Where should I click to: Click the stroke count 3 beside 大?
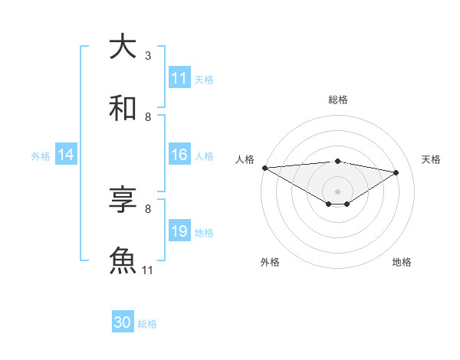coord(148,56)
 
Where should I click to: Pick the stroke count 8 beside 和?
coord(148,116)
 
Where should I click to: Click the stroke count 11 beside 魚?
coord(148,270)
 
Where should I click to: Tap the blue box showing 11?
coord(179,78)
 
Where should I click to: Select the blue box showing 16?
coord(179,155)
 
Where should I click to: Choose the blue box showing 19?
coord(179,231)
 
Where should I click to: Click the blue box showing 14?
coord(66,155)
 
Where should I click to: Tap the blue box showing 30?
coord(123,322)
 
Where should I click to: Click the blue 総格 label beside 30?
coord(147,324)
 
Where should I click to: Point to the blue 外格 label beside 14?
coord(41,156)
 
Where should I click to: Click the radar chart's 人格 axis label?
coord(245,159)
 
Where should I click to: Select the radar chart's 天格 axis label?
coord(432,159)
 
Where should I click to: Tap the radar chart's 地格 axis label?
coord(402,262)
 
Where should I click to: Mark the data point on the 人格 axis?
coord(264,168)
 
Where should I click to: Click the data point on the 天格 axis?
coord(396,172)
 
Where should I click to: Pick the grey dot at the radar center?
coord(337,191)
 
